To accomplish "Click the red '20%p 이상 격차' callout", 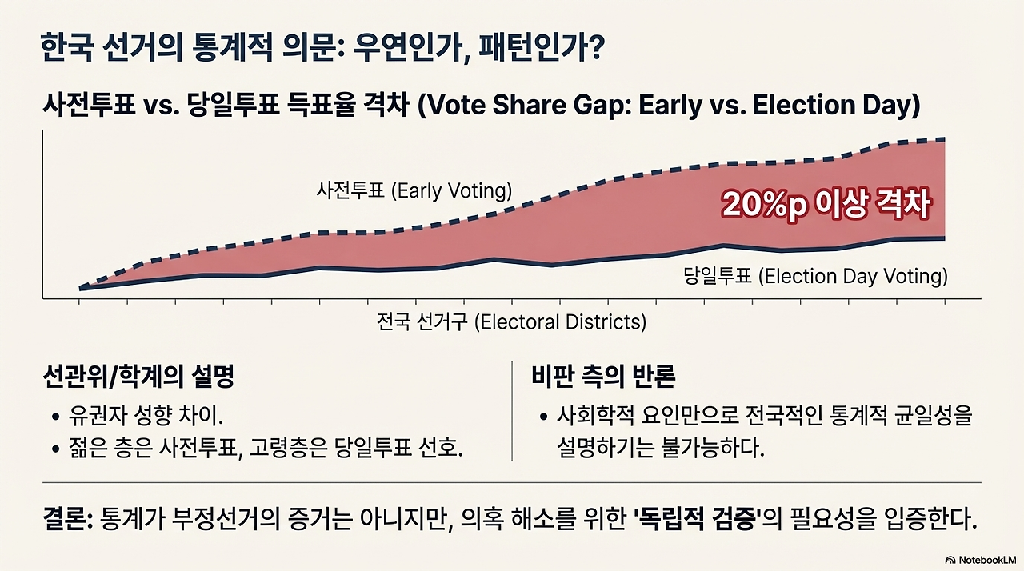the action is coord(826,205).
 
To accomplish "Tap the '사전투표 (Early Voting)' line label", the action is coord(414,190).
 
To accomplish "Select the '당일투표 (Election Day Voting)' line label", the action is coord(815,277).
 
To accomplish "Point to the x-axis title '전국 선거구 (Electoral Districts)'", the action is coord(511,322).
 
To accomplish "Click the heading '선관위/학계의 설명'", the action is coord(138,377).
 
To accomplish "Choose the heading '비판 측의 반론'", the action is coord(603,377).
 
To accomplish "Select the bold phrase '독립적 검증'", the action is coord(698,521).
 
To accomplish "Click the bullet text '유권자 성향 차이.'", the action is coord(146,416).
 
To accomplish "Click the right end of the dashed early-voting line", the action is coord(945,140).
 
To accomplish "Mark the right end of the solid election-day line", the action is coord(945,238).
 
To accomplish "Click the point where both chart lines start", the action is coord(81,288).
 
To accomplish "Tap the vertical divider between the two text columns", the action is coord(512,411).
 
